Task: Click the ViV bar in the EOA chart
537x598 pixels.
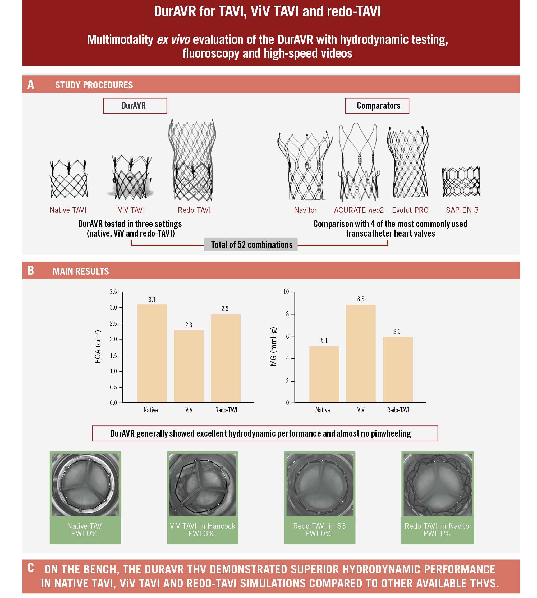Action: coord(189,366)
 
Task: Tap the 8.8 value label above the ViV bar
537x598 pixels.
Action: coord(361,299)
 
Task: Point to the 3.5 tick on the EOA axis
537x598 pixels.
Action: coord(113,292)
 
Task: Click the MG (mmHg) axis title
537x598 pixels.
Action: coord(273,346)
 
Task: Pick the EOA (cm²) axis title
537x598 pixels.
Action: coord(98,346)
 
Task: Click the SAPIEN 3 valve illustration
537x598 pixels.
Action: coord(461,182)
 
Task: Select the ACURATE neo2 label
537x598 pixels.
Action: coord(359,210)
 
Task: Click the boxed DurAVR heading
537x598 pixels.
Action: coord(135,106)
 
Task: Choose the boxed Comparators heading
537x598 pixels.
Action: coord(377,106)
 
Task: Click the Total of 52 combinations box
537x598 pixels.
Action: coord(251,245)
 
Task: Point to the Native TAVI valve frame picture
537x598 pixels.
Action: coord(69,179)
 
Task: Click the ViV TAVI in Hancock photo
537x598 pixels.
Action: coord(203,484)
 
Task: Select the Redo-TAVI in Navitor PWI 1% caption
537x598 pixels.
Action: coord(438,529)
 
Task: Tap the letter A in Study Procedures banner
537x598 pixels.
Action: coord(31,85)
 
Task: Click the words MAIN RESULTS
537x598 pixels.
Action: coord(81,271)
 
